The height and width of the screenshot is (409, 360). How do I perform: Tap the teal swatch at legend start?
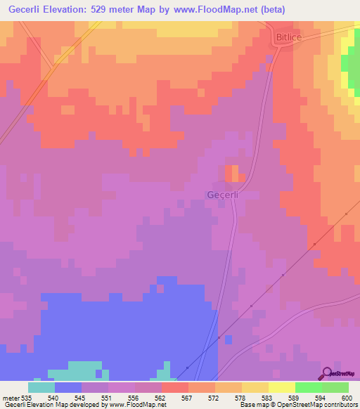[x=41, y=387]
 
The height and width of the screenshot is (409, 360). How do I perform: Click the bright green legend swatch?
[x=309, y=387]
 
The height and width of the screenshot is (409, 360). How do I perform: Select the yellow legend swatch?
[x=282, y=387]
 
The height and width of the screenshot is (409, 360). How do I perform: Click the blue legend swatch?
[x=68, y=387]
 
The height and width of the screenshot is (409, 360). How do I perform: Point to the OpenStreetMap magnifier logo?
[x=327, y=373]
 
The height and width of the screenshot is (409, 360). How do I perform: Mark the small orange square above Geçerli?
[x=231, y=173]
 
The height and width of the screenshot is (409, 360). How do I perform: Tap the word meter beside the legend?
[x=11, y=397]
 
